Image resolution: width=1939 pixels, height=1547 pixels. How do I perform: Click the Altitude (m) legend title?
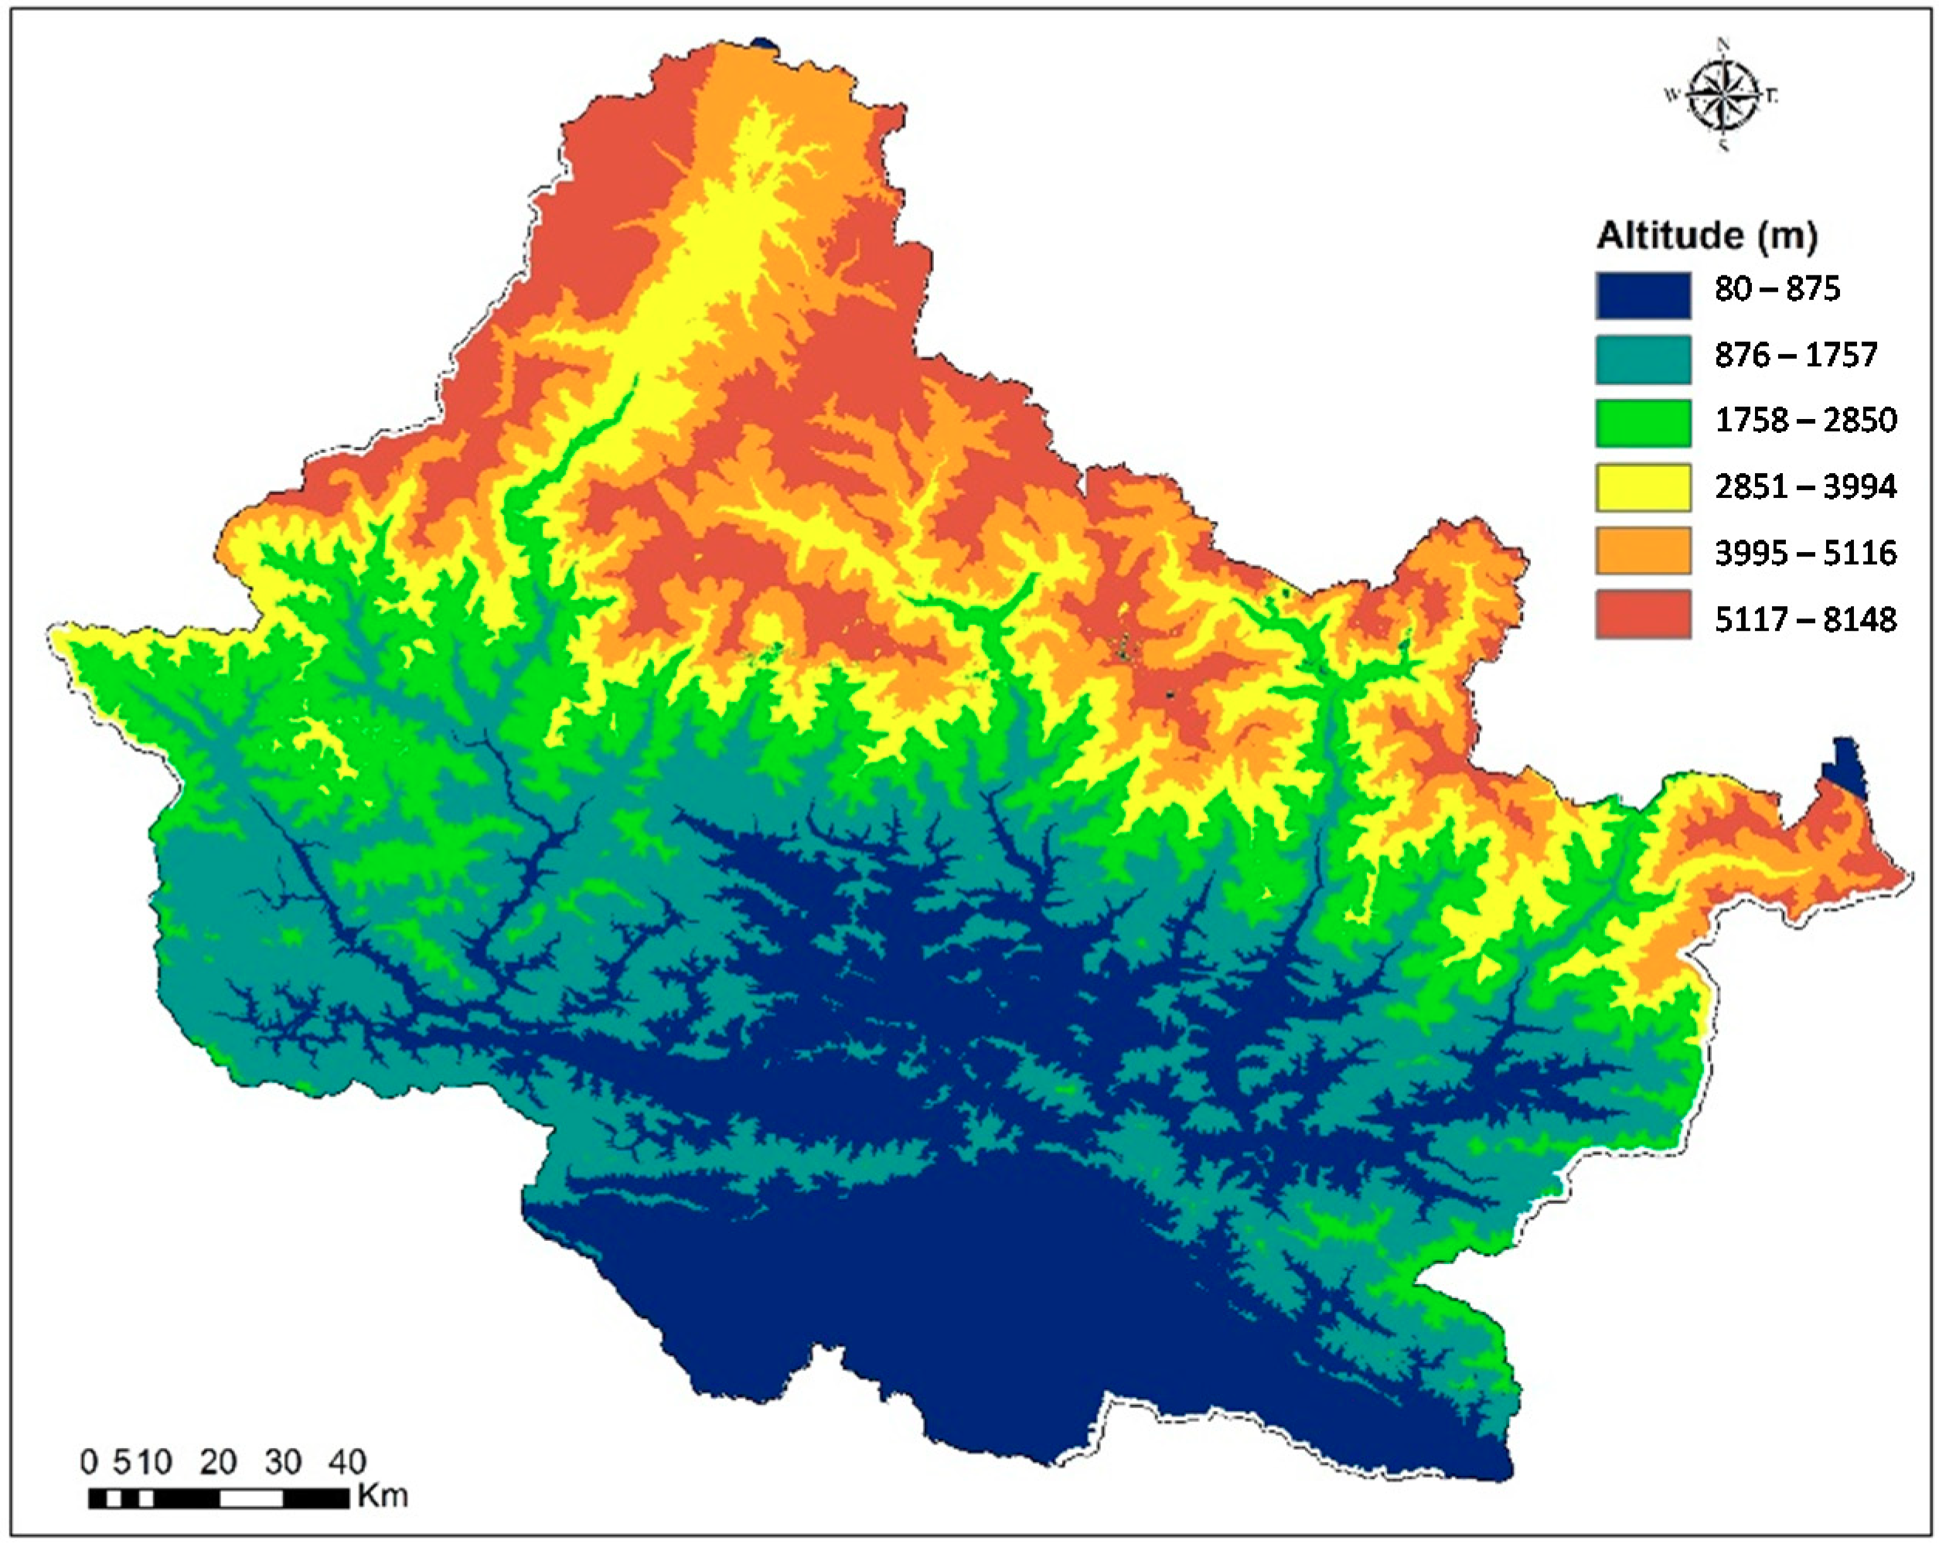[x=1707, y=236]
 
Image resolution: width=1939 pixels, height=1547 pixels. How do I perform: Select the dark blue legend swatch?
[x=1643, y=295]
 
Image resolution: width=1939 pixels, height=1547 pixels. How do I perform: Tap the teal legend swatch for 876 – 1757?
[x=1643, y=359]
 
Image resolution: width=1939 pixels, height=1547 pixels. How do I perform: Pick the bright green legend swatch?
[x=1643, y=423]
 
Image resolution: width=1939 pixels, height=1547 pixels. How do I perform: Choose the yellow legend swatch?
[x=1643, y=488]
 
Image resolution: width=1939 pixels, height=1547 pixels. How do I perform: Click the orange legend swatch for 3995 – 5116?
[x=1643, y=551]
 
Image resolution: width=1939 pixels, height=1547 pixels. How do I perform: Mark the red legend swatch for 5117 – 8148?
[x=1643, y=616]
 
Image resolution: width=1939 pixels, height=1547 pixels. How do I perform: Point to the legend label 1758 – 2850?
[x=1805, y=420]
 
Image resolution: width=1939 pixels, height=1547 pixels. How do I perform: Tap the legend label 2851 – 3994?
[x=1805, y=486]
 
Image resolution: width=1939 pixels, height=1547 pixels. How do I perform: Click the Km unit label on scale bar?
[x=382, y=1496]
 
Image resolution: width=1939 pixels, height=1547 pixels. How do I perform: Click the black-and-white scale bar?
[x=219, y=1498]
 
